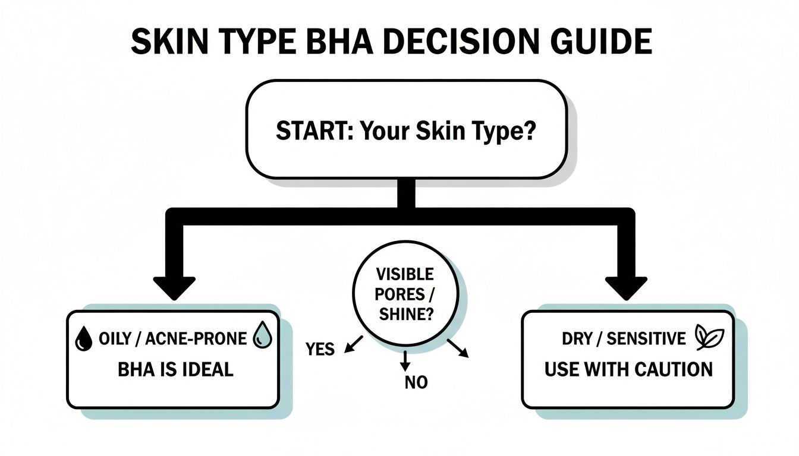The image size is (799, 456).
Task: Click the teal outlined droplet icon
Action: click(262, 337)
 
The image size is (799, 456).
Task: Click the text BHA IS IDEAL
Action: click(175, 369)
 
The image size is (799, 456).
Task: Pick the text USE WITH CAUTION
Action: click(628, 369)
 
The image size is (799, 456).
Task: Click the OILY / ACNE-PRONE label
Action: click(173, 338)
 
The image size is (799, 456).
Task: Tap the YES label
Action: click(320, 349)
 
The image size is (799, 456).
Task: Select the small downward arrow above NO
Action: click(405, 359)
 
